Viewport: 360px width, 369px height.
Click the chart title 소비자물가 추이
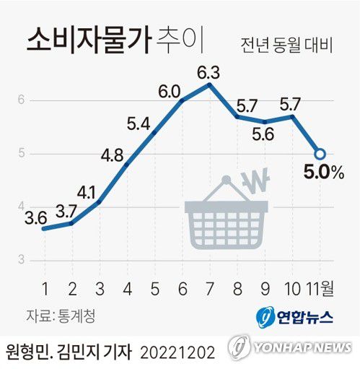115,40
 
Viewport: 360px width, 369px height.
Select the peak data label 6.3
208,72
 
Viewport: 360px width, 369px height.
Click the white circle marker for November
320,154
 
